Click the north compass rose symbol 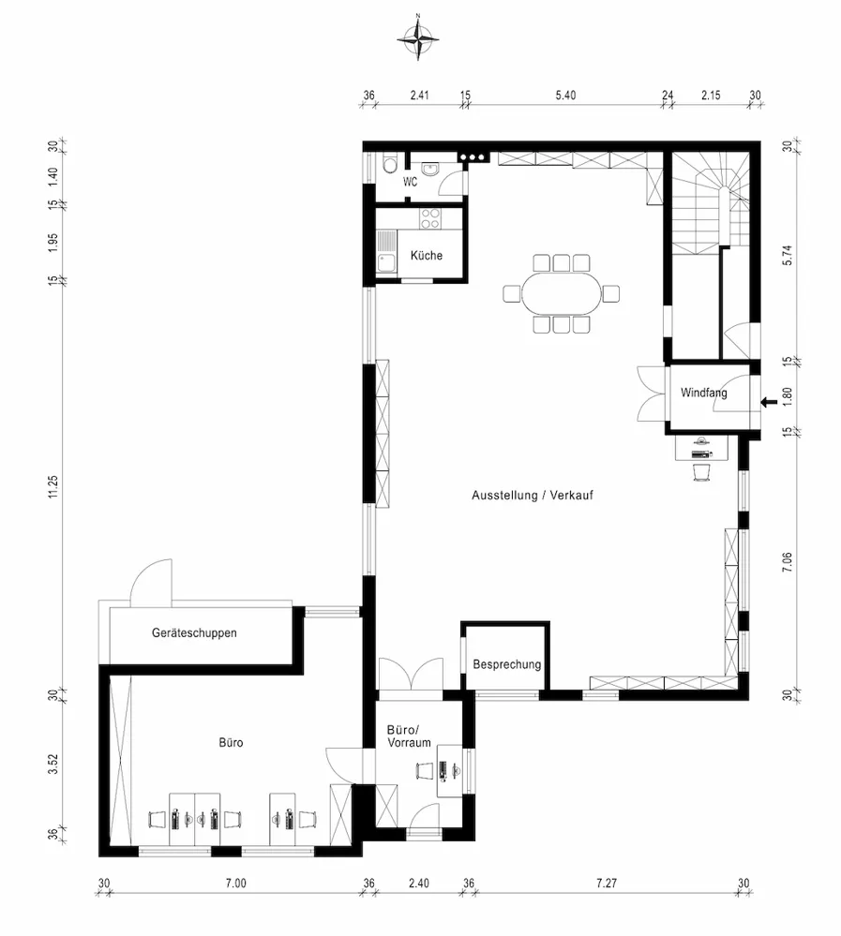point(418,40)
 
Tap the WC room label point(410,182)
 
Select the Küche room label point(427,256)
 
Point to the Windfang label point(703,393)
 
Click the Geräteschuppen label point(194,632)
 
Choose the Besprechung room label point(506,664)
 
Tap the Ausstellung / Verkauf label point(533,496)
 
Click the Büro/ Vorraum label point(409,736)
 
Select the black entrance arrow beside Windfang point(770,402)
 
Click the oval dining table point(562,293)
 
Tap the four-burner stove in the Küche point(430,218)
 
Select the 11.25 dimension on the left point(53,486)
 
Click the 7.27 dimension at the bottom point(607,883)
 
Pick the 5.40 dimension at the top point(565,95)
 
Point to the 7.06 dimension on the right point(787,562)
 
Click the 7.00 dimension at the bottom point(236,883)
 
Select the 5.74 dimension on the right point(787,255)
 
